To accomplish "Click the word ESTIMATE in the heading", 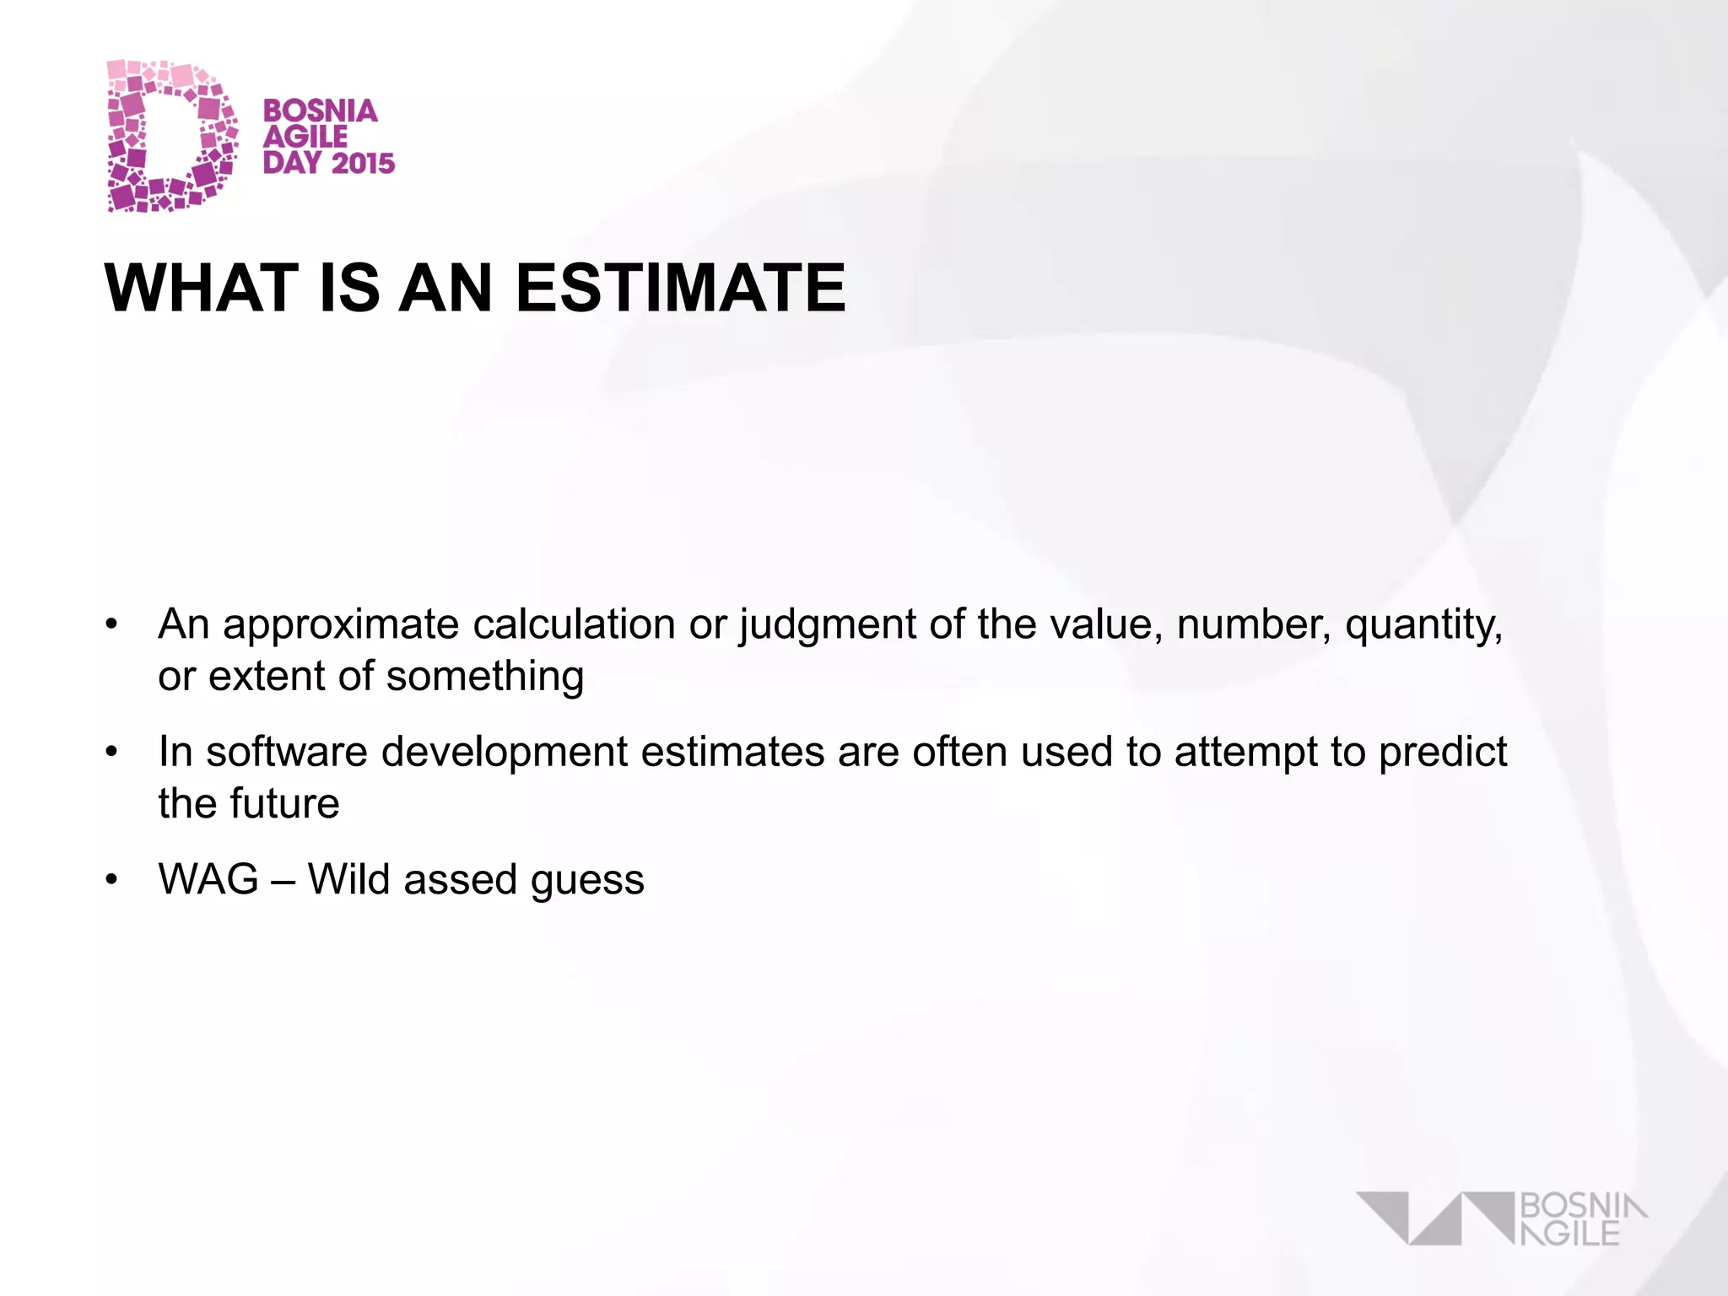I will [x=680, y=288].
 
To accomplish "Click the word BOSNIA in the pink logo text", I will [x=320, y=111].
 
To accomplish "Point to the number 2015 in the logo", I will [x=363, y=163].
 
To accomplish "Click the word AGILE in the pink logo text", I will [x=305, y=137].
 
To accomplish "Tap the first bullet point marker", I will [x=111, y=625].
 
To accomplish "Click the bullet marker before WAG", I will [x=111, y=880].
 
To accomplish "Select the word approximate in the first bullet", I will [x=341, y=625].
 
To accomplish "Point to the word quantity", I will [x=1423, y=625].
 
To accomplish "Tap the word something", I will [x=484, y=677].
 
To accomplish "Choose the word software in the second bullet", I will [x=287, y=751].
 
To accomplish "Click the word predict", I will [x=1443, y=751].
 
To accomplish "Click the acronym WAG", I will [x=208, y=880].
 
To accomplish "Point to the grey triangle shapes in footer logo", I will [x=1434, y=1218].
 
